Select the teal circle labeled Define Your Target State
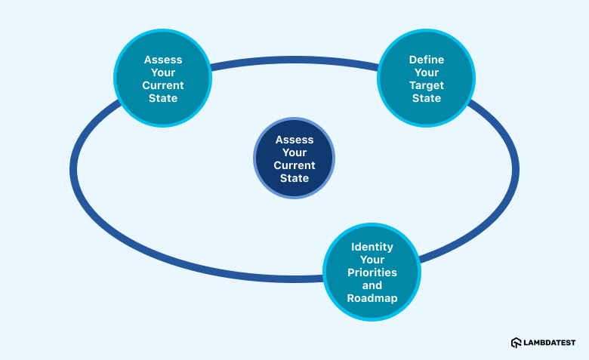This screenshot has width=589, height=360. tap(426, 78)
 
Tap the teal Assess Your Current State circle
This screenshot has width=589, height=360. tap(162, 78)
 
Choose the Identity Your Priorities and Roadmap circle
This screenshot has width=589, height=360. tap(372, 272)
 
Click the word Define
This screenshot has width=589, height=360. tap(426, 59)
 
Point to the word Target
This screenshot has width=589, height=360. tap(426, 85)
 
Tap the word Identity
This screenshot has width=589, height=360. tap(372, 247)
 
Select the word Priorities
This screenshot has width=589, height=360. tap(372, 272)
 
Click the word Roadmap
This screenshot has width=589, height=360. tap(372, 298)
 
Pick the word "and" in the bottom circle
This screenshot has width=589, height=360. tap(372, 285)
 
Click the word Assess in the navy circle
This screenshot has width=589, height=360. tap(294, 140)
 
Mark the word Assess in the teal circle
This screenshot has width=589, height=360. tap(162, 59)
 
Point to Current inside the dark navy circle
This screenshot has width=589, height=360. tap(294, 165)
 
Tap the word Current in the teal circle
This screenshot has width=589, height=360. tap(162, 85)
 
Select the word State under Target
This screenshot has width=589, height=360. tap(426, 98)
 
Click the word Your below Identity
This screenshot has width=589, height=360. tap(372, 260)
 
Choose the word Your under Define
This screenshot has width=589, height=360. tap(426, 72)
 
